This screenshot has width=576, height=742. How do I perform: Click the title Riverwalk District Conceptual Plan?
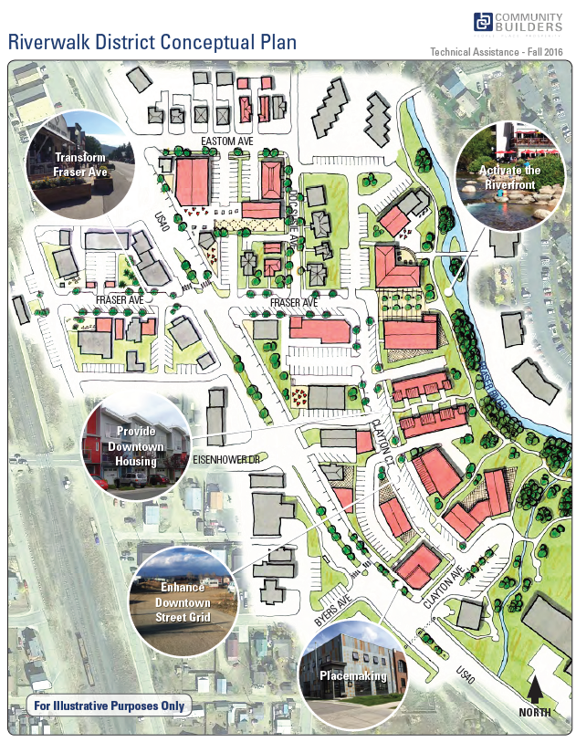click(x=152, y=42)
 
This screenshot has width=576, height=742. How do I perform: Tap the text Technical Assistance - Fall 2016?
click(x=495, y=53)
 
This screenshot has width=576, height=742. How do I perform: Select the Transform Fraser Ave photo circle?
click(x=82, y=167)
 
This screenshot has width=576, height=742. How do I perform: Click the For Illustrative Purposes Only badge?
click(x=109, y=705)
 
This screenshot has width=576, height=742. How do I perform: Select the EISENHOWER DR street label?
click(x=226, y=459)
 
